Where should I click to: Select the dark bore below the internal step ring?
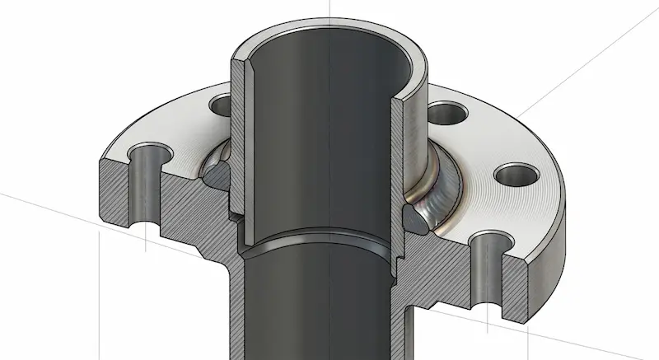click(321, 305)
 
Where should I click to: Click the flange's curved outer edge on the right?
click(565, 206)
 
